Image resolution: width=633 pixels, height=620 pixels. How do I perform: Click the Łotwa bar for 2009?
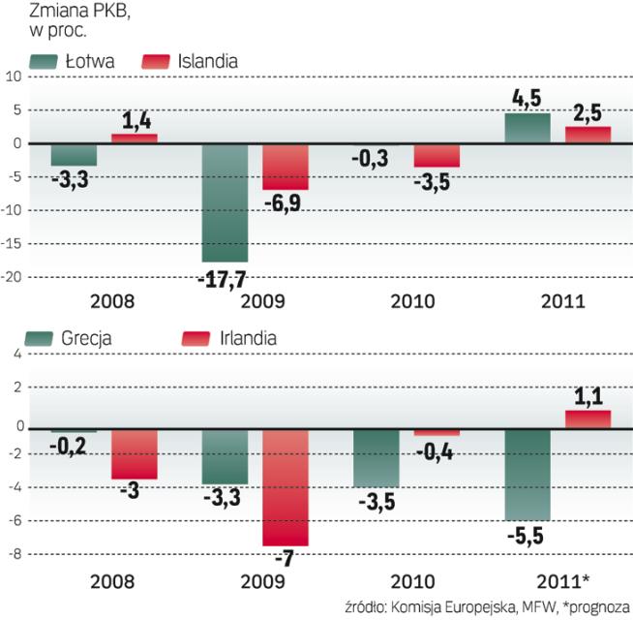point(225,202)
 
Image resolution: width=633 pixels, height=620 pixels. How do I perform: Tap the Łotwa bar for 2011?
point(527,128)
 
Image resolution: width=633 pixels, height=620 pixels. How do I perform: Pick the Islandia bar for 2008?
point(134,139)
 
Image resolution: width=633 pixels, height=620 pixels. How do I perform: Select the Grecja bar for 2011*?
point(527,476)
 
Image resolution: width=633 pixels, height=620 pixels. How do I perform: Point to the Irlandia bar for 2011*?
point(588,418)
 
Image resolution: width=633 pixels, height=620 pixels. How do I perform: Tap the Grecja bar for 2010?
point(376,458)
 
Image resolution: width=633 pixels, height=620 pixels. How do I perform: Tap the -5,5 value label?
point(528,540)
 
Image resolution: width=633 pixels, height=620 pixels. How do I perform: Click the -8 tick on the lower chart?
point(14,555)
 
